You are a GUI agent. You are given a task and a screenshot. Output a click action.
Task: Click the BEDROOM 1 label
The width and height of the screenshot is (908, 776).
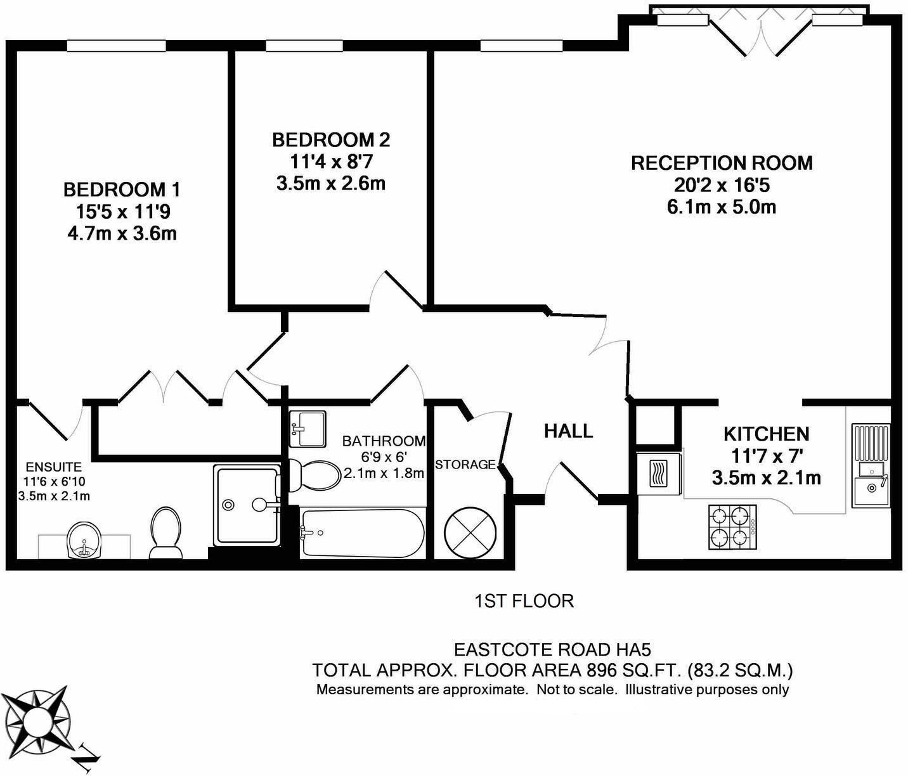click(x=122, y=189)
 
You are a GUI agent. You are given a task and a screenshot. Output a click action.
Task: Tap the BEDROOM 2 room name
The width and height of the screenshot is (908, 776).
click(x=331, y=139)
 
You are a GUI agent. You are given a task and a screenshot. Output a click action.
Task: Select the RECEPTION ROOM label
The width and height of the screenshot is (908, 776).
click(x=722, y=163)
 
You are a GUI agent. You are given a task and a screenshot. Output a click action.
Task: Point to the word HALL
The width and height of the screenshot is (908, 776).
click(x=568, y=431)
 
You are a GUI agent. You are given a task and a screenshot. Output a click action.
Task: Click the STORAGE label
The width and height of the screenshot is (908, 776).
click(x=465, y=465)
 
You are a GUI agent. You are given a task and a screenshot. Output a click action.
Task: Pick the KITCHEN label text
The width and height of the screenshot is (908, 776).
click(x=766, y=434)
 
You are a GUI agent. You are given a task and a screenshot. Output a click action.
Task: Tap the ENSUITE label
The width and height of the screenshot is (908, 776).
click(x=54, y=467)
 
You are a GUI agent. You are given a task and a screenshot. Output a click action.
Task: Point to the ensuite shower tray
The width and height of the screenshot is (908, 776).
click(x=246, y=505)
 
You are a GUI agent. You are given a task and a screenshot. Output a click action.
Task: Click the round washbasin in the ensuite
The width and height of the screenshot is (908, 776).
click(x=84, y=540)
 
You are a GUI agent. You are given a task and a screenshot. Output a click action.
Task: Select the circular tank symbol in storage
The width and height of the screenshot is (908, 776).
click(x=469, y=531)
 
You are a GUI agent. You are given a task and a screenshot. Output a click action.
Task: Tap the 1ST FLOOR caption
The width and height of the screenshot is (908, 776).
click(x=524, y=601)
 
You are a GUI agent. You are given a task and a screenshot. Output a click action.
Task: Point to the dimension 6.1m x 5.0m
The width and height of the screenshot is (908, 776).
click(x=722, y=207)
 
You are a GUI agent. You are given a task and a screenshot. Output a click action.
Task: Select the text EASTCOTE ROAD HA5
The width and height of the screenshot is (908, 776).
click(x=552, y=650)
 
